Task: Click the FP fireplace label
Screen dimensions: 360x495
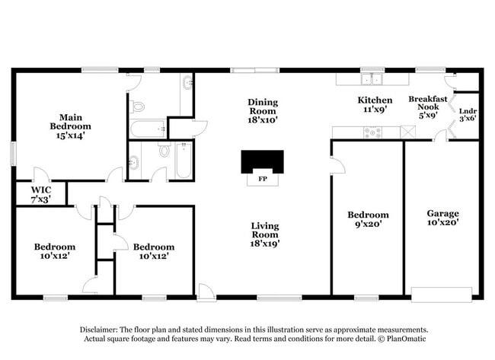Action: (x=262, y=180)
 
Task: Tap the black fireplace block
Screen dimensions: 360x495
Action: (x=262, y=161)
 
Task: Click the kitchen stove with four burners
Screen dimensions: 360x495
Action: (x=372, y=132)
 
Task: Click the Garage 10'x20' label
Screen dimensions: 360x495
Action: (x=442, y=218)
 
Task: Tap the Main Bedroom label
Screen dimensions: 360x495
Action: (x=70, y=126)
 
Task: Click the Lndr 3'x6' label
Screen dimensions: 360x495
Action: (x=468, y=113)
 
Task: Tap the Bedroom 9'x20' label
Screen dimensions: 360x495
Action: (x=368, y=220)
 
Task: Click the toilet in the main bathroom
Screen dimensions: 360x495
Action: (x=137, y=107)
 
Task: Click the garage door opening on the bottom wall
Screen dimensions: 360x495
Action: (x=441, y=295)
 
